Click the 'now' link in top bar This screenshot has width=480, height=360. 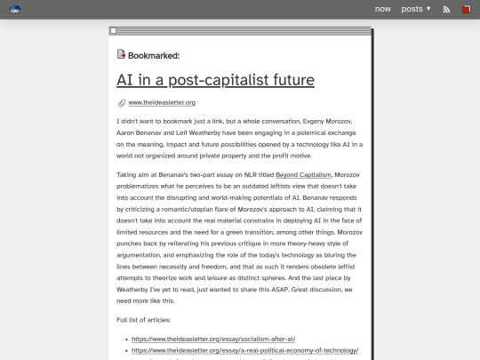(x=382, y=9)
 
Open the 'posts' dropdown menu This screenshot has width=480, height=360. (x=415, y=9)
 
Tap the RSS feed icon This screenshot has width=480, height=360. (x=446, y=10)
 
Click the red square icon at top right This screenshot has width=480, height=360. (x=466, y=10)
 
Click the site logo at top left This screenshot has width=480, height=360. (x=15, y=9)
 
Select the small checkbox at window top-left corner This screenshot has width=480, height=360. (x=113, y=31)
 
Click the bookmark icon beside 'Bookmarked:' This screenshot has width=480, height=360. (x=121, y=54)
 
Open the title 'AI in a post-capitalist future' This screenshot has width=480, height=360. (x=215, y=80)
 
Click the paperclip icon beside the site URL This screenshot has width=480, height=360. (x=121, y=103)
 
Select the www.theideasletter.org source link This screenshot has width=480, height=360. (x=162, y=103)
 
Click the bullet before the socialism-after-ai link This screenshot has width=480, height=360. (x=124, y=339)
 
